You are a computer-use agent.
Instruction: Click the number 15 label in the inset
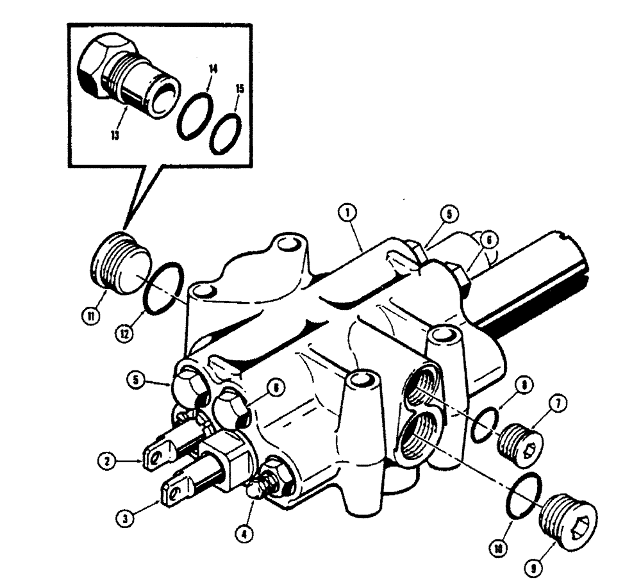[240, 88]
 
